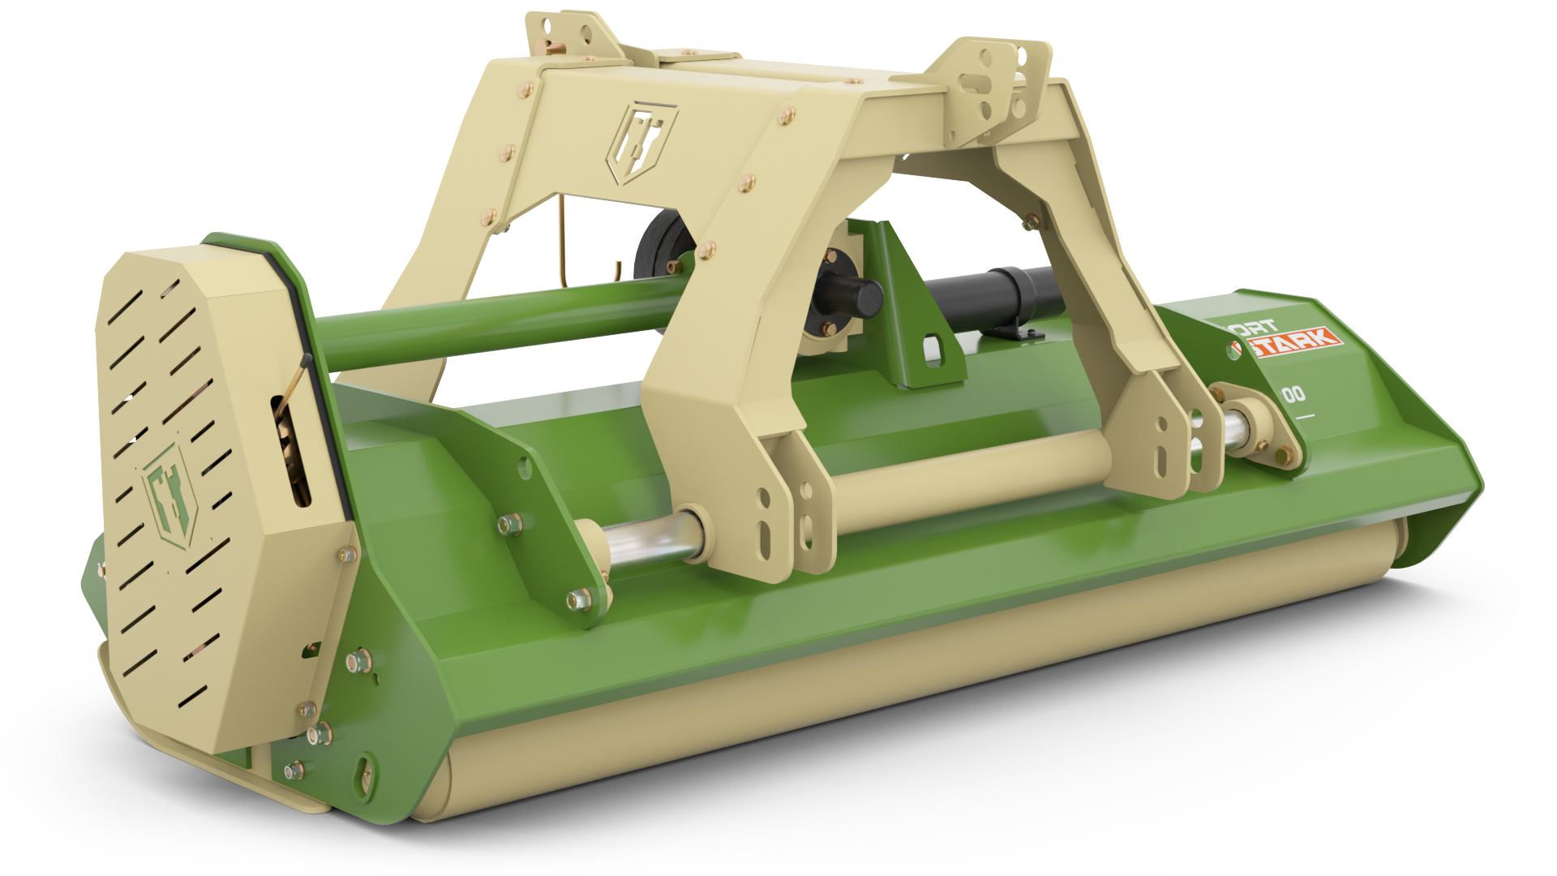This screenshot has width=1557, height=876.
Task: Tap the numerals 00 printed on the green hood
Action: [1294, 394]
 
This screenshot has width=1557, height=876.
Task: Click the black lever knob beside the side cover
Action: [307, 359]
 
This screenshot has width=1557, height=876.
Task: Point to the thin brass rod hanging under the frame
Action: [560, 243]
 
